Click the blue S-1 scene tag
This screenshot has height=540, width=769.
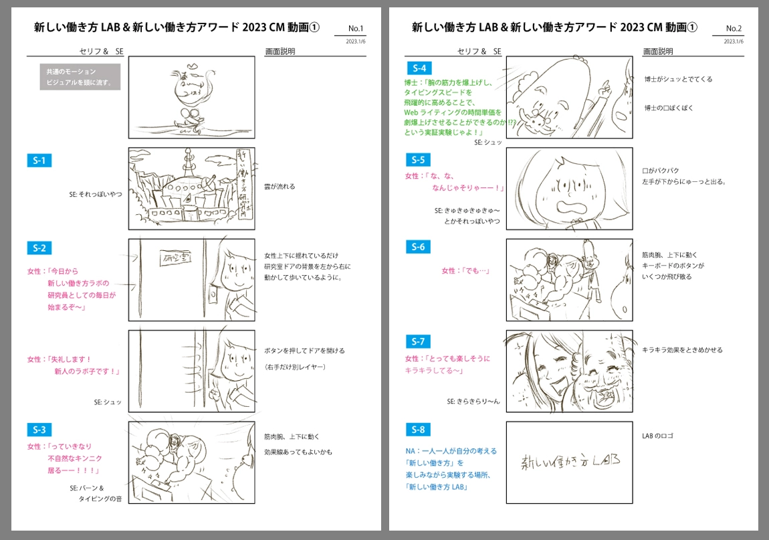(39, 161)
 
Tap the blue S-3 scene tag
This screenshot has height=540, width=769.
(39, 430)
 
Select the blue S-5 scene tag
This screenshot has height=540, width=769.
(418, 160)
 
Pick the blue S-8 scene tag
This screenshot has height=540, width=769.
(418, 430)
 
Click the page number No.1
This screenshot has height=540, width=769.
(356, 29)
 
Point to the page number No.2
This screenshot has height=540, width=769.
(734, 29)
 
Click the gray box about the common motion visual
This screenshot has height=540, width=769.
(80, 77)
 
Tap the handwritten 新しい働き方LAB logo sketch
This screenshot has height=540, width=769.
(569, 460)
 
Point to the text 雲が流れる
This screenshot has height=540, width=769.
(280, 187)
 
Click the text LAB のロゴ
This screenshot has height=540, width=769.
(657, 436)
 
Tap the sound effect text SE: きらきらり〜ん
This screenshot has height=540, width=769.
(473, 401)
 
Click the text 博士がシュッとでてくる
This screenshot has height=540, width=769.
(678, 79)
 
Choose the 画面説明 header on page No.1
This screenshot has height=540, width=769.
(280, 51)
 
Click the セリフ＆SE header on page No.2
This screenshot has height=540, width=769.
(479, 51)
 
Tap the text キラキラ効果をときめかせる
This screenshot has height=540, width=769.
(682, 350)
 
